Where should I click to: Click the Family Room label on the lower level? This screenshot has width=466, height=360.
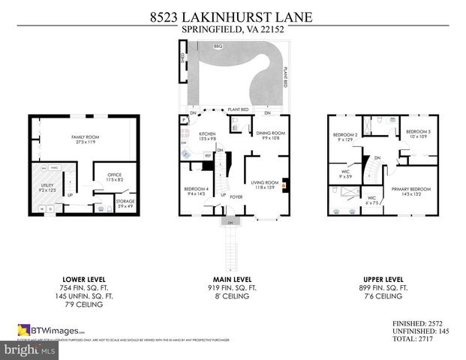pyautogui.click(x=84, y=139)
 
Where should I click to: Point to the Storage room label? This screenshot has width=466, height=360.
pyautogui.click(x=125, y=202)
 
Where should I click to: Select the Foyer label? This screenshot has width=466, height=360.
pyautogui.click(x=236, y=198)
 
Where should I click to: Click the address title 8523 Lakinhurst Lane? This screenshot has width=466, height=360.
pyautogui.click(x=233, y=16)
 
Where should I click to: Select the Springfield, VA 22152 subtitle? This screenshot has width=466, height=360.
pyautogui.click(x=233, y=30)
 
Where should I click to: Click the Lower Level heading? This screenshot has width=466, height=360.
pyautogui.click(x=85, y=279)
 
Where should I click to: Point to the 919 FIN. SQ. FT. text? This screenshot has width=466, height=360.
pyautogui.click(x=233, y=287)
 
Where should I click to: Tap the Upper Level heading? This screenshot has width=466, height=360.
pyautogui.click(x=382, y=279)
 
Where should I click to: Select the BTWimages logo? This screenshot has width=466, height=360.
pyautogui.click(x=51, y=330)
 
